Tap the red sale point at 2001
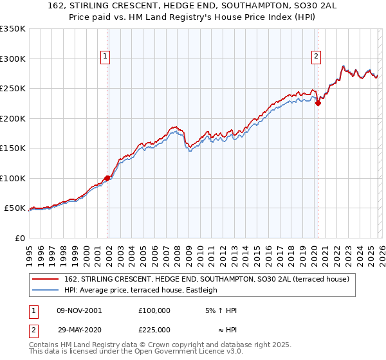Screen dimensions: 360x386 (107, 179)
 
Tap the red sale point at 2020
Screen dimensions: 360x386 (318, 104)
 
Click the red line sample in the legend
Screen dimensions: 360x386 (46, 279)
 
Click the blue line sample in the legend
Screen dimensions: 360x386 (46, 290)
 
